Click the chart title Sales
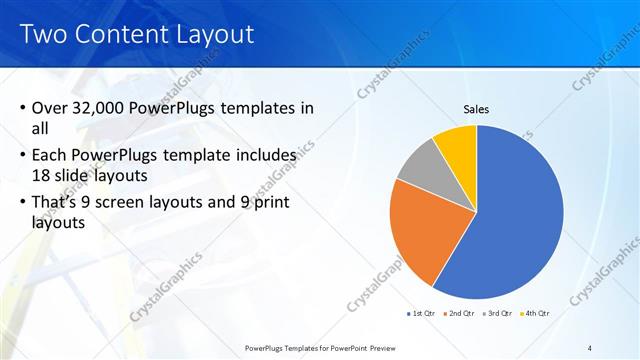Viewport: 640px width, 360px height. point(475,109)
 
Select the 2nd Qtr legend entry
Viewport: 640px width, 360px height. point(459,313)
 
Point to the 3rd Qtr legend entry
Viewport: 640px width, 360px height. point(497,313)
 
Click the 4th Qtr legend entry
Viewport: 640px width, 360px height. point(535,313)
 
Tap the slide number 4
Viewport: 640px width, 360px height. point(590,346)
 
